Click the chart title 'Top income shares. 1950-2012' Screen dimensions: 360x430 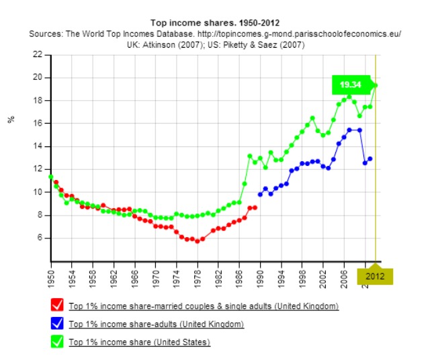click(x=215, y=22)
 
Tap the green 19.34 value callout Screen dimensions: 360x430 click(x=350, y=85)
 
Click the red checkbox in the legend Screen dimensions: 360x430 click(x=56, y=306)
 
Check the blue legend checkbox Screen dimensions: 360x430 click(x=56, y=324)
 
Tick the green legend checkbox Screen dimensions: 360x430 click(x=56, y=343)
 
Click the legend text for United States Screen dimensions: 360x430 click(x=139, y=343)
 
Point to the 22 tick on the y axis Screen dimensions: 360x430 click(x=38, y=55)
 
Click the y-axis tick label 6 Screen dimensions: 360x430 click(x=40, y=238)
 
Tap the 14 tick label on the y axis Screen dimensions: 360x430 click(x=38, y=146)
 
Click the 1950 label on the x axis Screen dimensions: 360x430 click(x=51, y=275)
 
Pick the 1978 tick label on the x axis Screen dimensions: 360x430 click(x=198, y=275)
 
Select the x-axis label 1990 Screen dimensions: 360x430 click(x=260, y=275)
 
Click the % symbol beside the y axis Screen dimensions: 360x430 click(x=10, y=119)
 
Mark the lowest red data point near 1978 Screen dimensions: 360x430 click(x=198, y=240)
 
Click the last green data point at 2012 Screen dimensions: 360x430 click(x=376, y=85)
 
